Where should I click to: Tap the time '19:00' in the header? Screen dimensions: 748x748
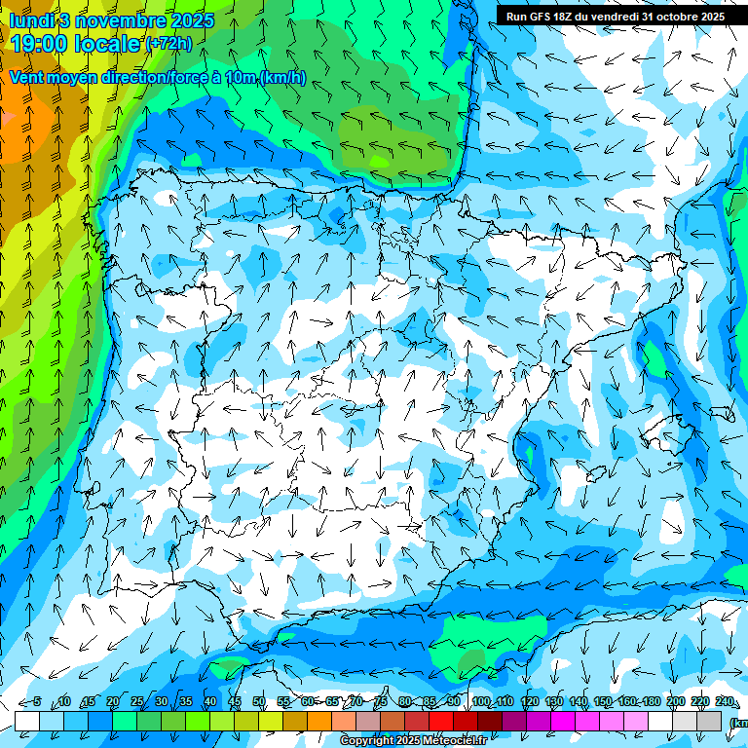42,44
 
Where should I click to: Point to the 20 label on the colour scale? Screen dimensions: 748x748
113,701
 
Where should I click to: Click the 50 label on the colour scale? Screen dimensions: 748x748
259,701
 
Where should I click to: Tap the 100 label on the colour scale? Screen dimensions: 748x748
481,701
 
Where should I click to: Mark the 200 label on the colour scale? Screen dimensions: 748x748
676,701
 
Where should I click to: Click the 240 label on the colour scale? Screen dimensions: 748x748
725,701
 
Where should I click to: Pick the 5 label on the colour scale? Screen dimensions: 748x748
37,701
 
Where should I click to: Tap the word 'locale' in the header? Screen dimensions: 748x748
106,44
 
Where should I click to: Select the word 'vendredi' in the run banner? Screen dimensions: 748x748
613,16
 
